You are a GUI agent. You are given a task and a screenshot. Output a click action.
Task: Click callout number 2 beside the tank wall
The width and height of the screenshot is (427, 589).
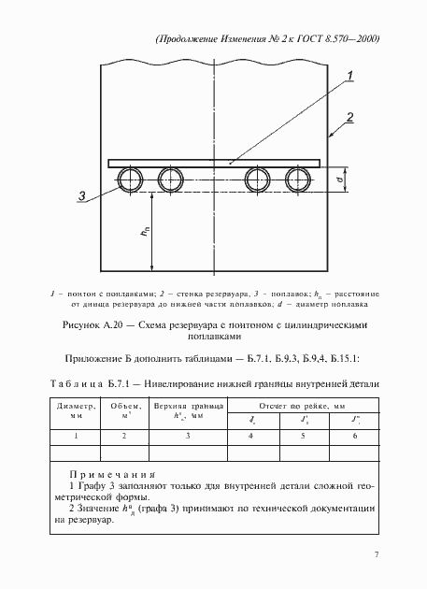coord(349,117)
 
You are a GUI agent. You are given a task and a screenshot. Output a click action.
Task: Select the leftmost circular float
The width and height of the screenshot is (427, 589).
coord(130,179)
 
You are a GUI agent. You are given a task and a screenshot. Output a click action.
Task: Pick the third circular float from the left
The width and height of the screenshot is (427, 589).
coord(257,179)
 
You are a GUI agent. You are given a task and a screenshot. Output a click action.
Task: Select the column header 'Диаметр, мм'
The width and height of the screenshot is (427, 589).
coord(76,410)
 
